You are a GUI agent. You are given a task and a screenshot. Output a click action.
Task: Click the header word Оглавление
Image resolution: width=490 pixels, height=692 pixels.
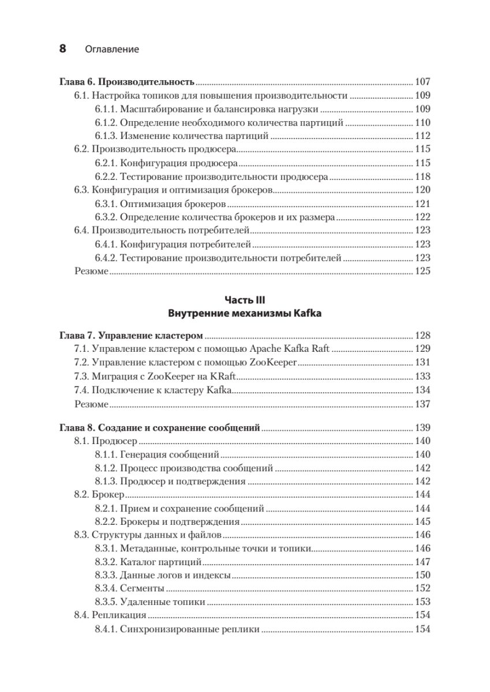(x=112, y=50)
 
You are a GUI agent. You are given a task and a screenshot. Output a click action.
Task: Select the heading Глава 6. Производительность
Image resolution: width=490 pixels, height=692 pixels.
(x=127, y=81)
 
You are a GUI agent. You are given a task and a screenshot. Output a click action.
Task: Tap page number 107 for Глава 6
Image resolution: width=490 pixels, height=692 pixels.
(x=423, y=81)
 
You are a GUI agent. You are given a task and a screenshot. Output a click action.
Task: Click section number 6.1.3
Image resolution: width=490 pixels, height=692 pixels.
(x=106, y=136)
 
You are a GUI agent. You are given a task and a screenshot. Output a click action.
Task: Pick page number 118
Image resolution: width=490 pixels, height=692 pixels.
(x=423, y=176)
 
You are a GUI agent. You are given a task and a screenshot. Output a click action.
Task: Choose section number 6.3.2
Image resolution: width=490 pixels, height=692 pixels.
(x=106, y=217)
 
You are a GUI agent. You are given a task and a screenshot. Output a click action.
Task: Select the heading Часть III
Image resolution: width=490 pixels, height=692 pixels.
(x=245, y=300)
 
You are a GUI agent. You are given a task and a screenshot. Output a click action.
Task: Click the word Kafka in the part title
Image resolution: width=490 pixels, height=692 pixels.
(x=308, y=314)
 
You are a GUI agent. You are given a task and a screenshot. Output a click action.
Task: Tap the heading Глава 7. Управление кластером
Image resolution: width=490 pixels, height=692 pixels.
(x=132, y=336)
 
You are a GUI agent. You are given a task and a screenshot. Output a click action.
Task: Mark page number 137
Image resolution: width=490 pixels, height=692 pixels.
(x=423, y=404)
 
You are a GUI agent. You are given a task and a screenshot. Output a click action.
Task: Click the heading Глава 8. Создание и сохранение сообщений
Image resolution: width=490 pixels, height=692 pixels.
(x=160, y=428)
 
